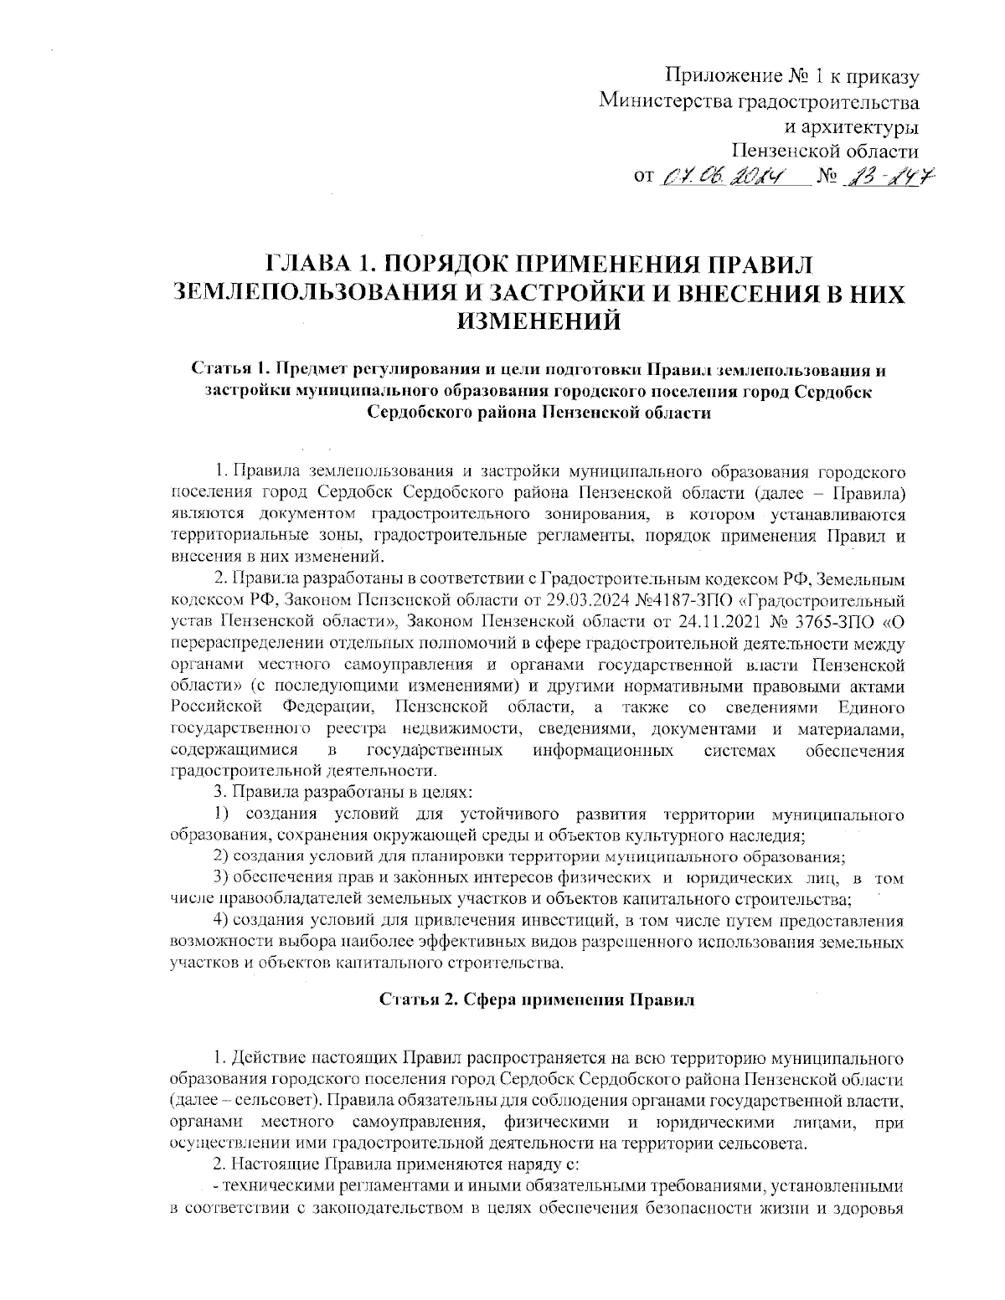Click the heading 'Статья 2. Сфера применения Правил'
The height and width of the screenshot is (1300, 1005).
click(x=536, y=999)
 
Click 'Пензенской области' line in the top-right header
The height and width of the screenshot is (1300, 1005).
click(x=825, y=152)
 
